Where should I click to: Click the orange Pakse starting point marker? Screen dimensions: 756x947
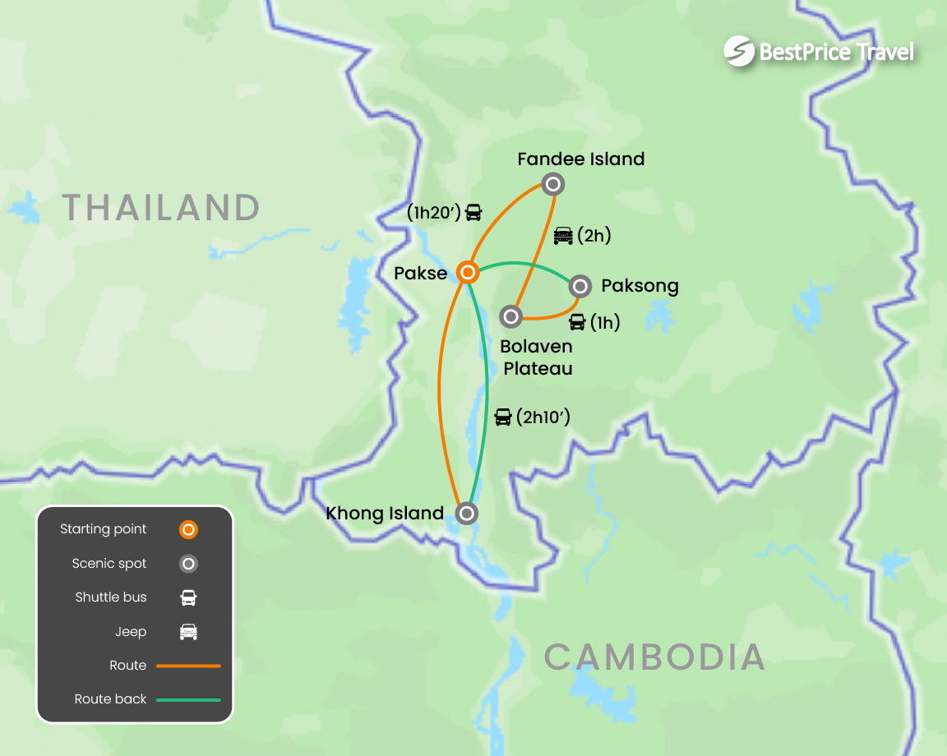click(467, 272)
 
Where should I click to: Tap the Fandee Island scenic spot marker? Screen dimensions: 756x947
click(553, 184)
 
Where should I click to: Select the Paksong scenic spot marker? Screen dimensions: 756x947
click(580, 286)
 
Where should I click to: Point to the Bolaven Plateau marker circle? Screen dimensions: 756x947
click(511, 316)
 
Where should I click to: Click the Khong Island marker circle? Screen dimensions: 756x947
click(467, 514)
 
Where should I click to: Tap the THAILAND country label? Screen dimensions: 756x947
click(161, 207)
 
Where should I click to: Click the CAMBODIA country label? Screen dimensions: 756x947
click(654, 657)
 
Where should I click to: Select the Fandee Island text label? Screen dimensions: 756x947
click(580, 159)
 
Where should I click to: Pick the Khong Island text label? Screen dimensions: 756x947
click(385, 514)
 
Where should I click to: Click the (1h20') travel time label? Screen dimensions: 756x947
click(433, 212)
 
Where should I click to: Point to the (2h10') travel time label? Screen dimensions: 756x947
click(543, 417)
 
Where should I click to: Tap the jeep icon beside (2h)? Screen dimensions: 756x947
click(563, 236)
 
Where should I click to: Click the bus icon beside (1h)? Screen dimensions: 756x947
click(578, 322)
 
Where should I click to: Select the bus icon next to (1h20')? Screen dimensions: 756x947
click(473, 212)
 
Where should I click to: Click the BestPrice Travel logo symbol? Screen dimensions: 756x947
click(739, 52)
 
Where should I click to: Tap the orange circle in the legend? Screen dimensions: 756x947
click(188, 530)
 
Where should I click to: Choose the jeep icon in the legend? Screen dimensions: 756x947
click(188, 632)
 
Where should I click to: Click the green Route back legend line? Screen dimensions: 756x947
click(188, 700)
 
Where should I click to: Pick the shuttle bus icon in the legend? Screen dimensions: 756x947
click(188, 597)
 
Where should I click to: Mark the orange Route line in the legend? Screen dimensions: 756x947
click(188, 666)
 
